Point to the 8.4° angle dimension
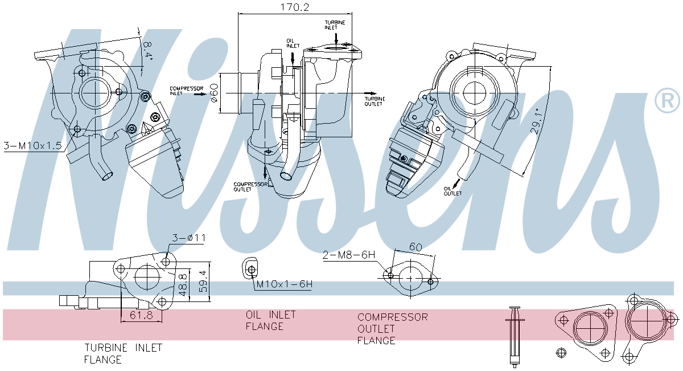pyautogui.click(x=148, y=50)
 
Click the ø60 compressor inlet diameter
pyautogui.click(x=214, y=93)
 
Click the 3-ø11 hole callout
pyautogui.click(x=187, y=238)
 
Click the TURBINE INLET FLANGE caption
pyautogui.click(x=123, y=353)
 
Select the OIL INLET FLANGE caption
pyautogui.click(x=270, y=320)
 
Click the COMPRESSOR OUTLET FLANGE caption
pyautogui.click(x=392, y=328)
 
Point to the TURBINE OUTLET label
pyautogui.click(x=374, y=101)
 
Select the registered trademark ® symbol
pyautogui.click(x=667, y=101)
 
